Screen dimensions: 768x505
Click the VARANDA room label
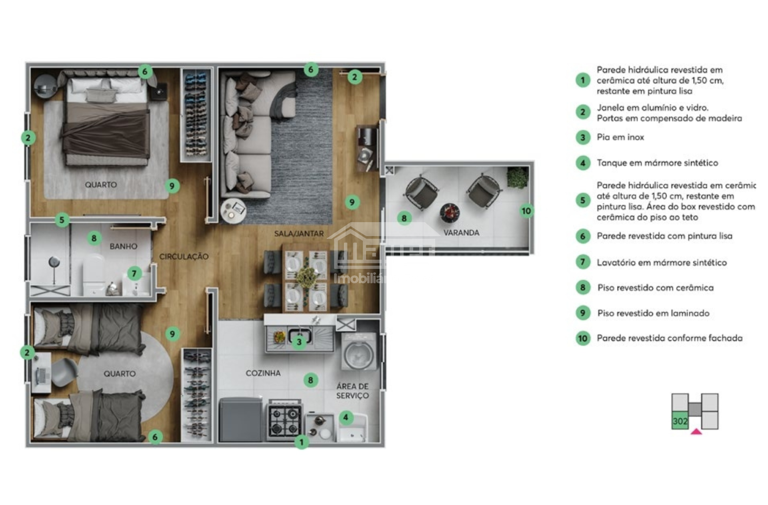coord(461,233)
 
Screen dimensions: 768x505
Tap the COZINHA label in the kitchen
coord(263,373)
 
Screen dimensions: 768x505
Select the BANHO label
coord(123,247)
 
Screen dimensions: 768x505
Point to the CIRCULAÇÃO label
coord(184,256)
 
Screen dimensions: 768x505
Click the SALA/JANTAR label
coord(299,234)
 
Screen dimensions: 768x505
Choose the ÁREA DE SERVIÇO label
coord(352,391)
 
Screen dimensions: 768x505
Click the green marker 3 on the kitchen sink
coord(299,342)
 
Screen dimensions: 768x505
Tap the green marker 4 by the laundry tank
coord(346,418)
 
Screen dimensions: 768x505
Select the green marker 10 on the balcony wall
coord(526,211)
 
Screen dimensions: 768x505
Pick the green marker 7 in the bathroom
coord(134,274)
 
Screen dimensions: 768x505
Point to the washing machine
coord(359,352)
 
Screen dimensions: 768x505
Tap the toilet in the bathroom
coord(94,275)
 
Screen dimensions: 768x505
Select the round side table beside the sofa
coord(234,211)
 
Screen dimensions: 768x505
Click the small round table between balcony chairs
coord(450,213)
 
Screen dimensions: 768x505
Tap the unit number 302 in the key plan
coord(680,421)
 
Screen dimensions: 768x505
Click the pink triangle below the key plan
coord(696,431)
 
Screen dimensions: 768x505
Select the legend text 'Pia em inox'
coord(620,137)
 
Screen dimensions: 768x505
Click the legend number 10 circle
coord(583,338)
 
